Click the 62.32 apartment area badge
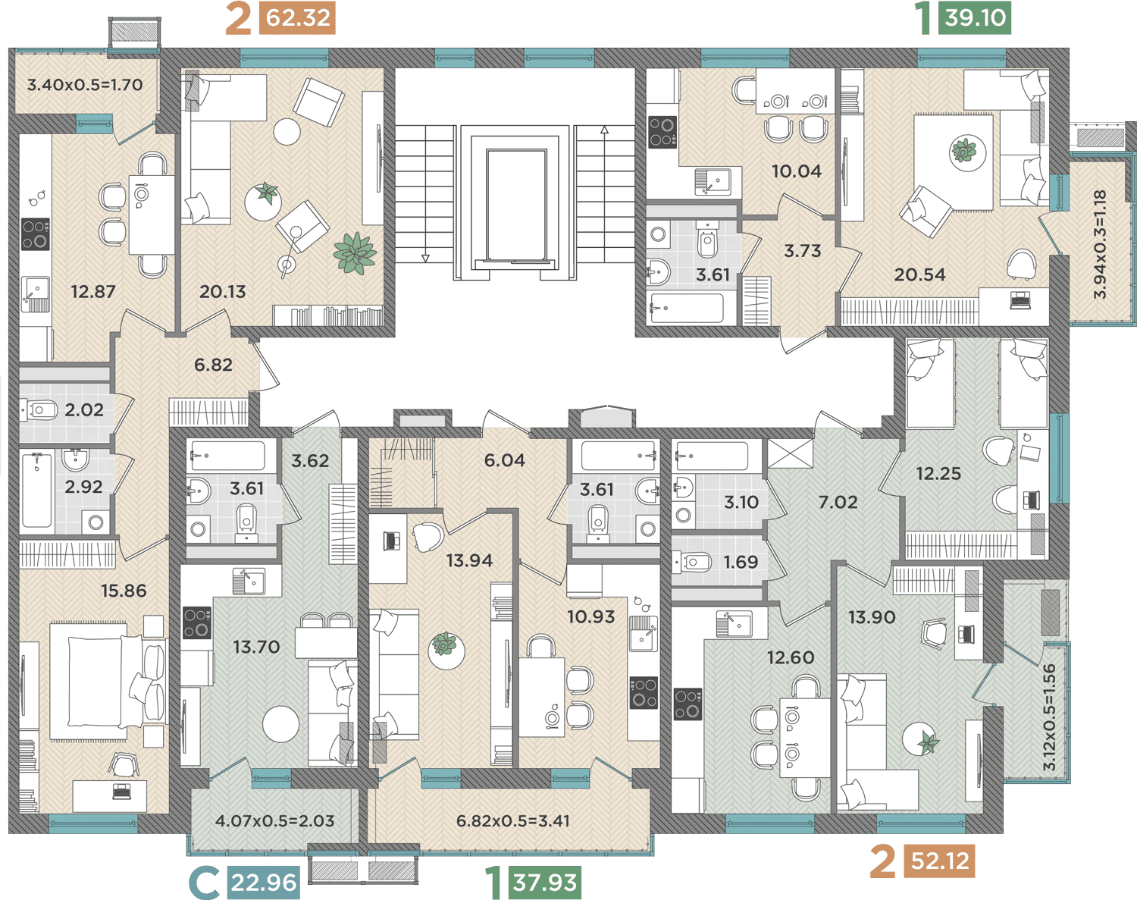297,18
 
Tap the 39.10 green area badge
975,18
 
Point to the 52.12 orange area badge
939,861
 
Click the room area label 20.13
222,292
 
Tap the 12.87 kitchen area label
93,292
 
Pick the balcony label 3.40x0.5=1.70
85,85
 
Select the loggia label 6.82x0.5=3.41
513,820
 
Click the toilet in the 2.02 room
39,410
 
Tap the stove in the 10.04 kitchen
662,132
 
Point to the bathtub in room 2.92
36,490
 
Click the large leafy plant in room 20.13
355,253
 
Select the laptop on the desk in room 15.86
122,791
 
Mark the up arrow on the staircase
604,130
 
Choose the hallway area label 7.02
838,502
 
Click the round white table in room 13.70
280,724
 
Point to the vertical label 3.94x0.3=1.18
1100,245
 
